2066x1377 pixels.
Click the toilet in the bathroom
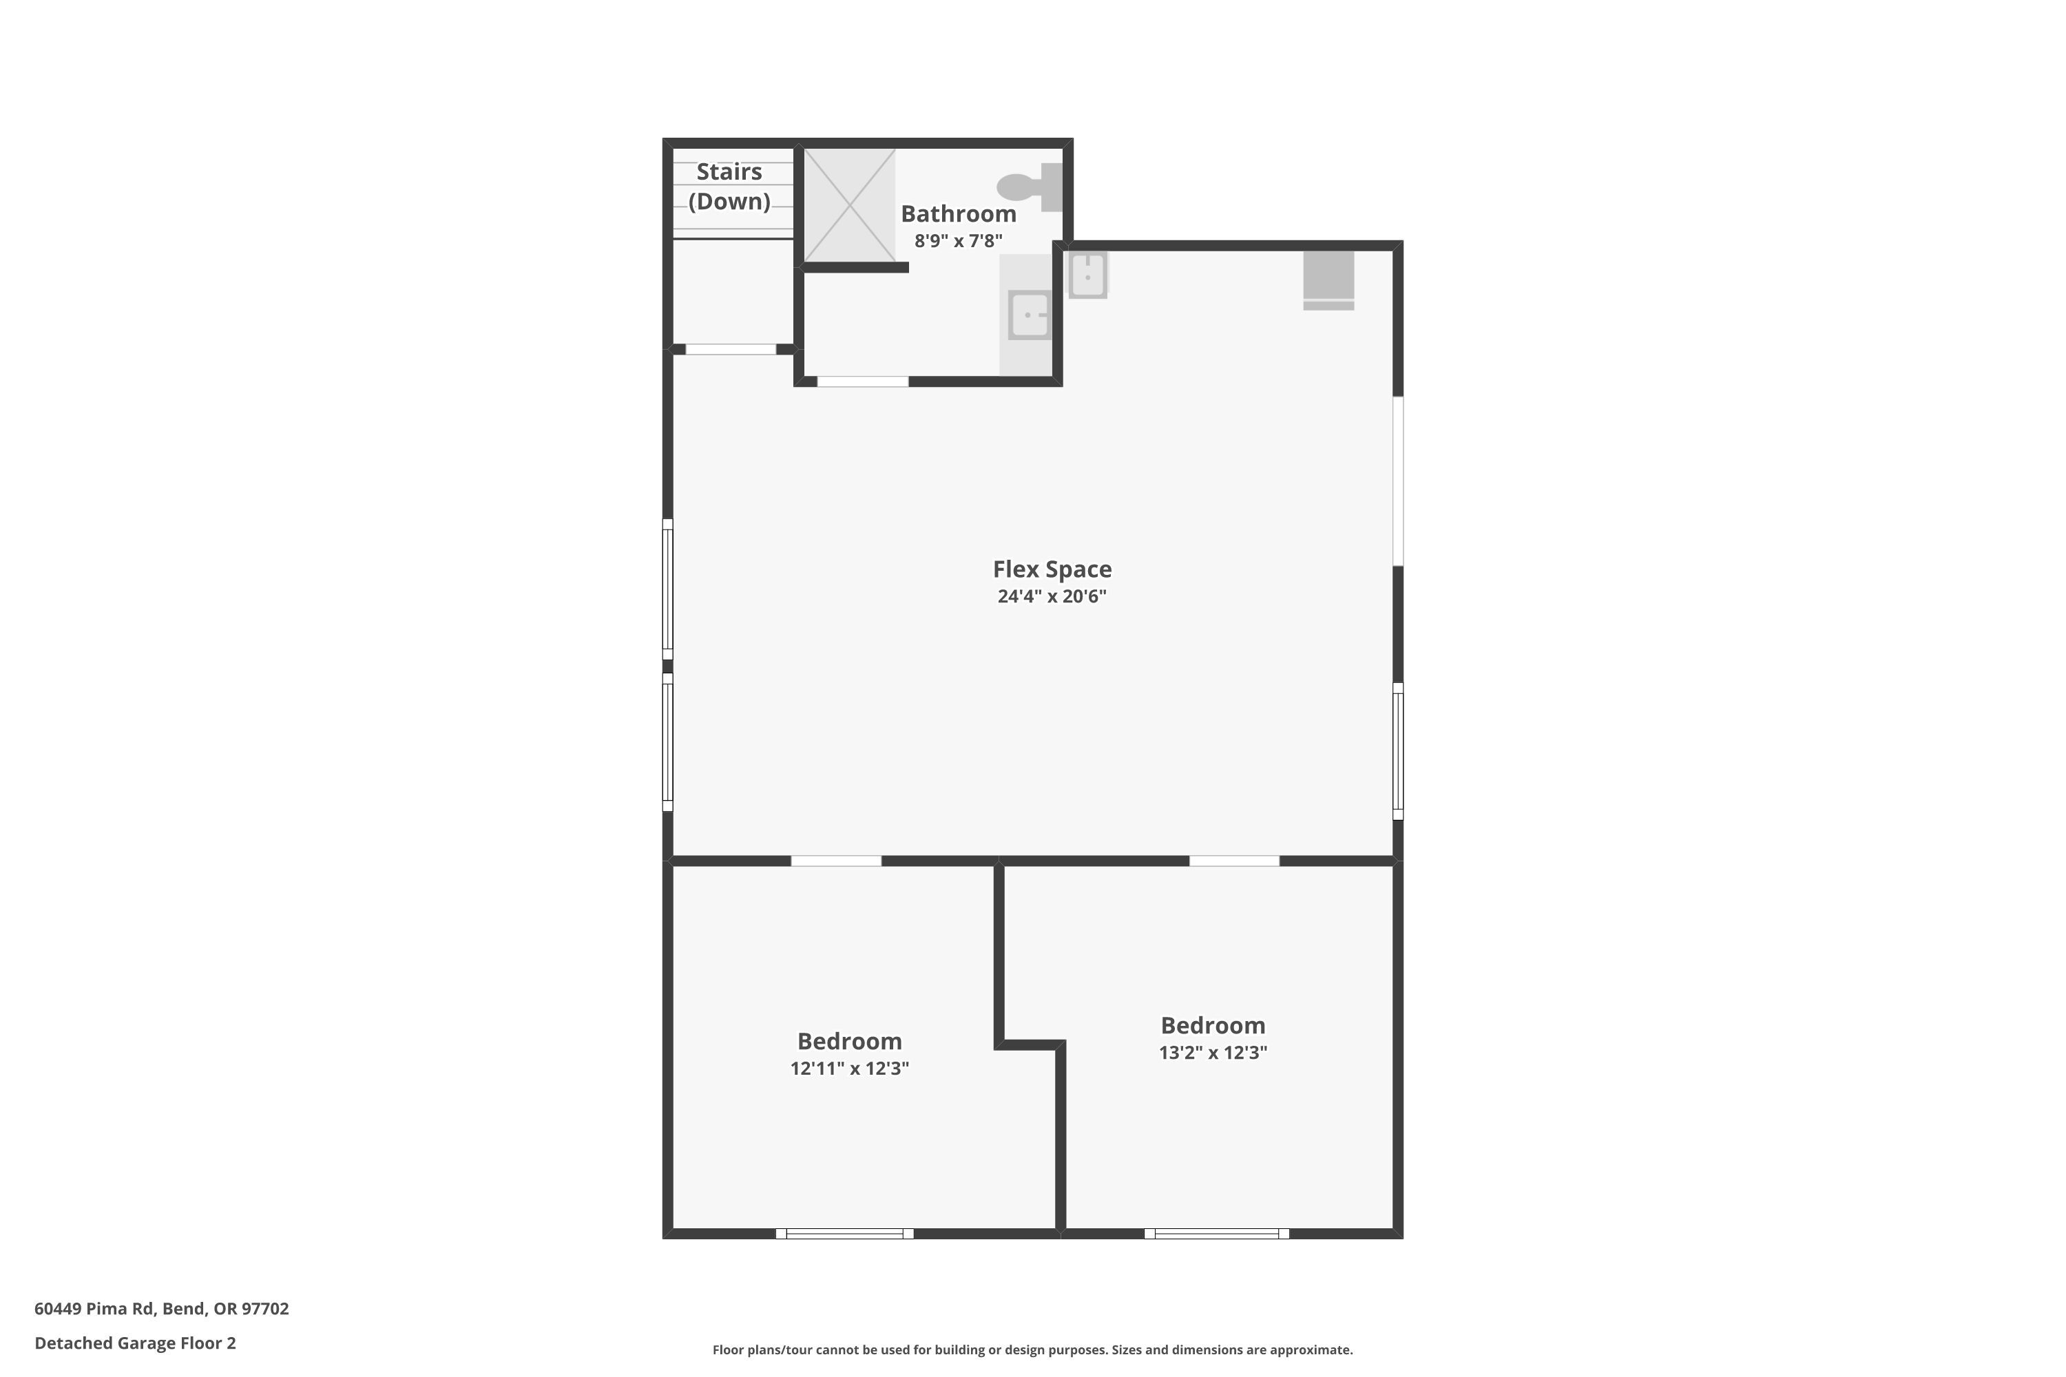tap(1030, 187)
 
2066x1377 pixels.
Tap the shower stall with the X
tap(849, 205)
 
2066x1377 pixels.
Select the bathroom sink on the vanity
tap(1029, 315)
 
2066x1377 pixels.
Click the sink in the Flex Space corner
tap(1087, 275)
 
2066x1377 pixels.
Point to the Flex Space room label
tap(1052, 569)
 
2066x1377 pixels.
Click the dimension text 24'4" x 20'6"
tap(1052, 596)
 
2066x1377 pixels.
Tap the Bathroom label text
tap(959, 213)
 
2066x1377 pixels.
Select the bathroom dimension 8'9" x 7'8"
tap(959, 240)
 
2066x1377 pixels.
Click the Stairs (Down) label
tap(729, 186)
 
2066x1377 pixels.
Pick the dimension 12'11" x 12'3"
tap(849, 1069)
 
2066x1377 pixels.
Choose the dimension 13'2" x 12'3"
tap(1213, 1053)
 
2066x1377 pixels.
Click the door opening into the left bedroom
tap(836, 861)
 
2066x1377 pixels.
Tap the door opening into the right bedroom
tap(1234, 861)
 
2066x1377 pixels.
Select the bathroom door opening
tap(863, 381)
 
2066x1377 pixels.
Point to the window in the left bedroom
tap(845, 1234)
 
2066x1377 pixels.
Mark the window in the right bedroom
tap(1217, 1234)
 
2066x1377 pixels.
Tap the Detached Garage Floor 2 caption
tap(135, 1343)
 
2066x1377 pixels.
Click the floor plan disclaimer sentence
tap(1032, 1349)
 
